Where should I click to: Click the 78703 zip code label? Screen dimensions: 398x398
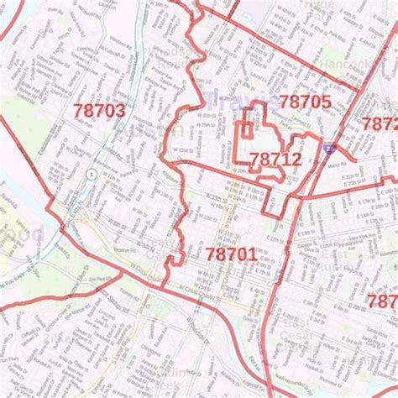tap(99, 111)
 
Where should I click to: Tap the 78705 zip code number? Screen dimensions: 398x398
tap(306, 102)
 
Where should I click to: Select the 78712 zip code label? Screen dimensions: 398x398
tap(275, 158)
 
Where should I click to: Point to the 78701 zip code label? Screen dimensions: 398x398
tap(230, 253)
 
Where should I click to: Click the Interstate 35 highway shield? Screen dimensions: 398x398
tap(328, 149)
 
